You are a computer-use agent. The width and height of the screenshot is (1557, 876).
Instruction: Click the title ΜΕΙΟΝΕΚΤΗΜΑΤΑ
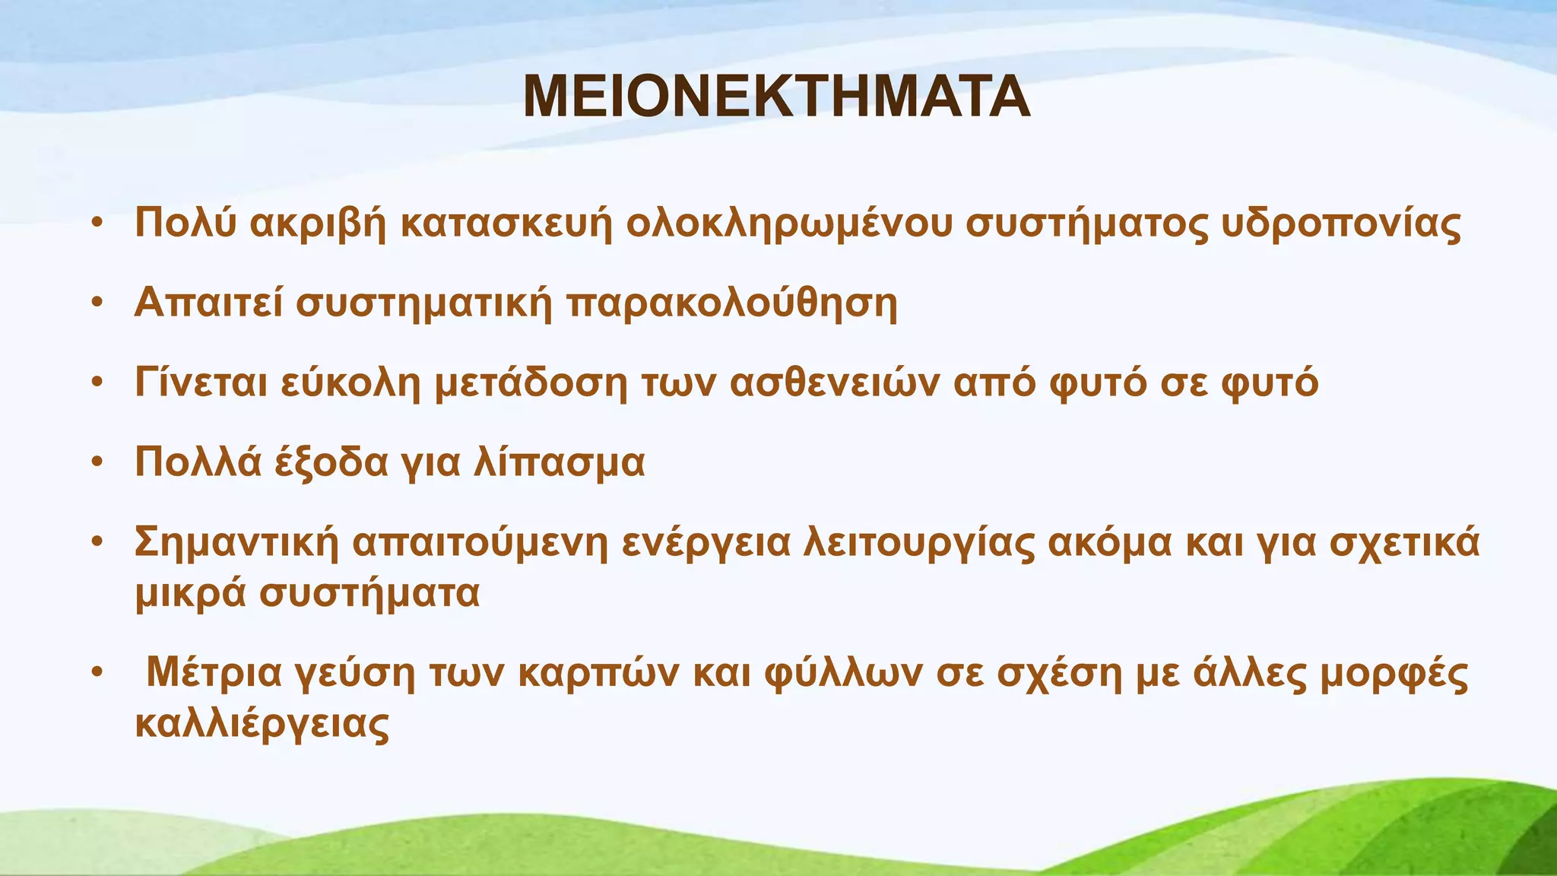click(x=776, y=97)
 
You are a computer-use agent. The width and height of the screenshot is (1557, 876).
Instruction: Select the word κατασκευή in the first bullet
click(x=506, y=224)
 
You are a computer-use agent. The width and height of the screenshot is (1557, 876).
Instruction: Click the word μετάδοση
click(x=531, y=382)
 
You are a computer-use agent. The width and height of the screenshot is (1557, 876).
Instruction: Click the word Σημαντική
click(x=236, y=543)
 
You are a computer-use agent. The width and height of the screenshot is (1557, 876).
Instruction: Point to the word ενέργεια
click(x=706, y=543)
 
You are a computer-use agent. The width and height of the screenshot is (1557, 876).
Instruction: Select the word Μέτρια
click(x=214, y=672)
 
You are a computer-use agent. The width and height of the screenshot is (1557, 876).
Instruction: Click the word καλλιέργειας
click(x=262, y=724)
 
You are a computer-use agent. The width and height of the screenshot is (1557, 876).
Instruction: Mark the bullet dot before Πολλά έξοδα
click(x=97, y=462)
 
